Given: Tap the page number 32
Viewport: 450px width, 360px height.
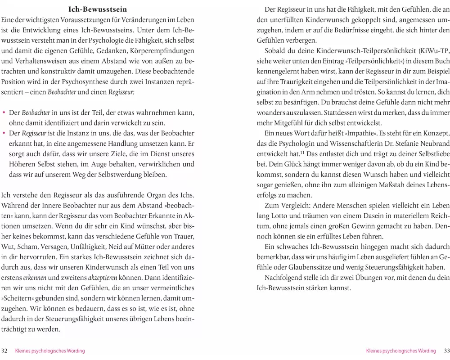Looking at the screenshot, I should [5, 351].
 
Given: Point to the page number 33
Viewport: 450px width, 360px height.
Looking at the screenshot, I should [446, 351].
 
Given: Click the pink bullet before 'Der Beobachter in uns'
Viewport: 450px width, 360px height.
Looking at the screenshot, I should [4, 112].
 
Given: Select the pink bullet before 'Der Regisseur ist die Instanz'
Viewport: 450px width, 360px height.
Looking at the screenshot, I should [4, 133].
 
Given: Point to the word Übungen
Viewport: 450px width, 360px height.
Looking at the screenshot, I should [369, 278].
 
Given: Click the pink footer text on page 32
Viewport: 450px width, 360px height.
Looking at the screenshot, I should [50, 351].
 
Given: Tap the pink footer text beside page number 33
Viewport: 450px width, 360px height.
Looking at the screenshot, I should [401, 351].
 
